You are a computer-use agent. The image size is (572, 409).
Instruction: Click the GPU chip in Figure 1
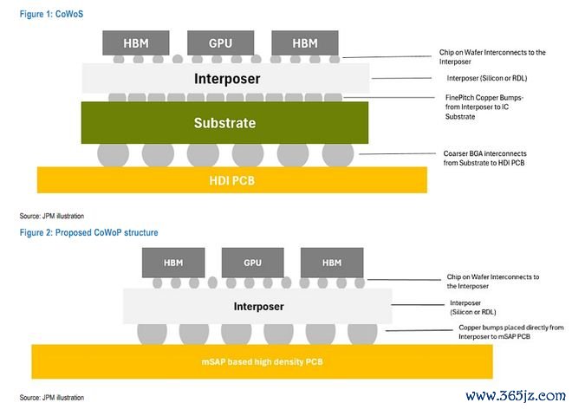coord(219,43)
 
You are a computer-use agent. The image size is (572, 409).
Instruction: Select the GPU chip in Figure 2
coord(252,262)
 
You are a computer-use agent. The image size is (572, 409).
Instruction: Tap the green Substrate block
coord(224,122)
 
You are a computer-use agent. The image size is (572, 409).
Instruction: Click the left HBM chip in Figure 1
coord(135,43)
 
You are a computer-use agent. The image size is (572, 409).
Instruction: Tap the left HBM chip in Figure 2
coord(172,262)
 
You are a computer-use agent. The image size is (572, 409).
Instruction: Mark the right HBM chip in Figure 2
coord(332,262)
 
